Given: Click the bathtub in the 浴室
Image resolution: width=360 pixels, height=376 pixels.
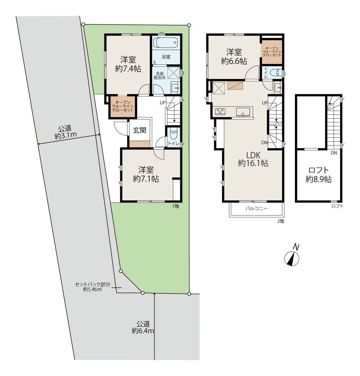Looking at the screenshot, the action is tap(166, 43).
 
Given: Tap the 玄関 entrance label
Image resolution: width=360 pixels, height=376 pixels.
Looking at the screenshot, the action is tap(139, 130).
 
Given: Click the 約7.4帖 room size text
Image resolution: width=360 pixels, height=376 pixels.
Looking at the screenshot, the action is tap(128, 69).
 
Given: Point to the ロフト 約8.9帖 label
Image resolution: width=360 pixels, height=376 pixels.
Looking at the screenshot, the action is tap(319, 175).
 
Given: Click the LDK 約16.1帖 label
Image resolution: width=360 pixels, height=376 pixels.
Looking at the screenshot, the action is tap(253, 159).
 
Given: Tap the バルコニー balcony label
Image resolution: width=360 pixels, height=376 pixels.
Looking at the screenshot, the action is tap(256, 209).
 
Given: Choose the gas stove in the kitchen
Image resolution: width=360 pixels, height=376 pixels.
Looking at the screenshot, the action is tap(220, 111).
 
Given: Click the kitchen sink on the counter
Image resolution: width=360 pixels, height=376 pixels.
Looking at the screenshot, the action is tap(243, 112).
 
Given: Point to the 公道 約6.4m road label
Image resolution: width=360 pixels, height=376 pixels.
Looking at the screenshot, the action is tap(143, 327).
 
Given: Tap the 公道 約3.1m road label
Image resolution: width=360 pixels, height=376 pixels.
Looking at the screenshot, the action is tap(66, 132).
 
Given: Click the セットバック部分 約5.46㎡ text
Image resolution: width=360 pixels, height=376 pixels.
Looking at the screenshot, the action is tap(93, 287).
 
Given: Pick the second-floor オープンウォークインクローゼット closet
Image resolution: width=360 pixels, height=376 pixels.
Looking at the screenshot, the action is tap(272, 52).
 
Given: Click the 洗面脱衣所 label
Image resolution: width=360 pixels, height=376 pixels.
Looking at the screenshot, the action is tap(159, 76).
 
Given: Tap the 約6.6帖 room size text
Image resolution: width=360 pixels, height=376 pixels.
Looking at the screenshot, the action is tap(234, 61).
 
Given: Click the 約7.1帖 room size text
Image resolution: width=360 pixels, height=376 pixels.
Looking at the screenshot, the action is tap(146, 179).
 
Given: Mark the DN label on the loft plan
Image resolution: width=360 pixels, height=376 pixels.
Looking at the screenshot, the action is tap(334, 153).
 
